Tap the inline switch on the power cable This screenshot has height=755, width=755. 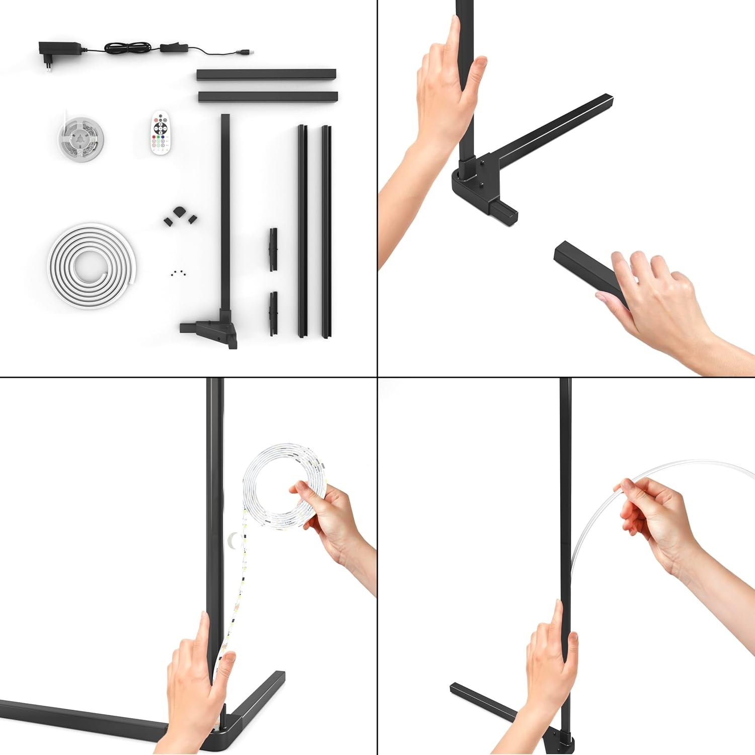click(x=174, y=48)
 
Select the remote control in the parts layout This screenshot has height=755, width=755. click(x=162, y=132)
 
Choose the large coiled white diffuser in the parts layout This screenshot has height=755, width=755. click(x=92, y=265)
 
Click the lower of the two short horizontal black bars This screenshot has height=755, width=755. click(x=268, y=97)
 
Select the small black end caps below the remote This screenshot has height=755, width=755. click(x=179, y=216)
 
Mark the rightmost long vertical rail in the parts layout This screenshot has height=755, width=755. click(x=327, y=232)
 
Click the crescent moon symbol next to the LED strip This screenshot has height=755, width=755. click(x=232, y=540)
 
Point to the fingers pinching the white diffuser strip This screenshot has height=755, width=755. click(x=629, y=491)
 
